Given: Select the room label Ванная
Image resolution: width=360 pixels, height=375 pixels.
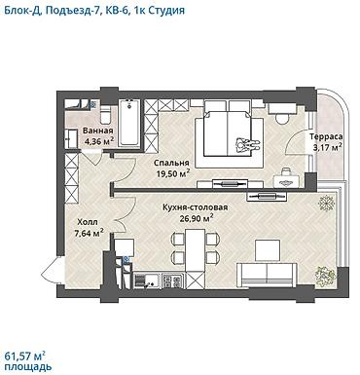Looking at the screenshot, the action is click(x=98, y=131).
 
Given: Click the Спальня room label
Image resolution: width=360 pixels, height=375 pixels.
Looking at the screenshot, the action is click(x=171, y=163).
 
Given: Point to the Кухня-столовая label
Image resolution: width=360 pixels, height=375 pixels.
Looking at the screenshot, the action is click(x=196, y=207).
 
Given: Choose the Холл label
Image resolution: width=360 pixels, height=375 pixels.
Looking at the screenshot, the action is click(x=88, y=222).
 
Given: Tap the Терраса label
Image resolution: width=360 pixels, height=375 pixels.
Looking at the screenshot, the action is click(x=326, y=136).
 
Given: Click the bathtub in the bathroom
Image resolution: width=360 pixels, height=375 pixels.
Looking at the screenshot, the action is click(x=129, y=123).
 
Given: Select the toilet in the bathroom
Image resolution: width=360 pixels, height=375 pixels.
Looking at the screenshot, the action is click(x=106, y=115).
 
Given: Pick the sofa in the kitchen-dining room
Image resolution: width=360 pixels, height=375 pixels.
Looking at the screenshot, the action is click(x=267, y=275).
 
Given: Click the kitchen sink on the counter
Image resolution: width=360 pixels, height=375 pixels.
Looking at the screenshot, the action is click(x=146, y=281).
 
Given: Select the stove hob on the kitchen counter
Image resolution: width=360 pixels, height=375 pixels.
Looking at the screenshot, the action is click(x=172, y=281).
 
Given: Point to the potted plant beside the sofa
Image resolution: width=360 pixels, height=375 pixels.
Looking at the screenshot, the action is click(x=323, y=274).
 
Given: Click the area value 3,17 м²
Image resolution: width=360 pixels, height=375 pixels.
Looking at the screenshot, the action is click(x=327, y=147).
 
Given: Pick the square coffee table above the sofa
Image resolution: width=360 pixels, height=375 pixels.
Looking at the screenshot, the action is click(x=268, y=250).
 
